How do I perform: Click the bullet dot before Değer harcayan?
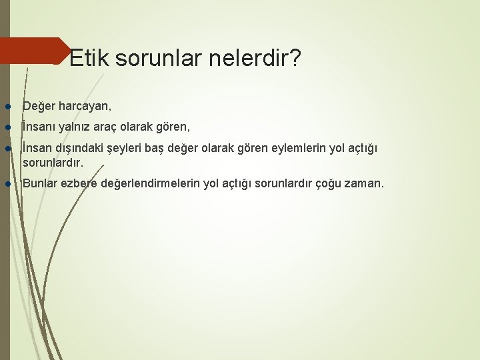click(7, 106)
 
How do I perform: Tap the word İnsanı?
click(39, 125)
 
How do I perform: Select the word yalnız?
click(77, 125)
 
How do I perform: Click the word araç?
click(113, 125)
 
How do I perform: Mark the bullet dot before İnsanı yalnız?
click(7, 126)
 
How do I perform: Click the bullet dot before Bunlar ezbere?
click(7, 183)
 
